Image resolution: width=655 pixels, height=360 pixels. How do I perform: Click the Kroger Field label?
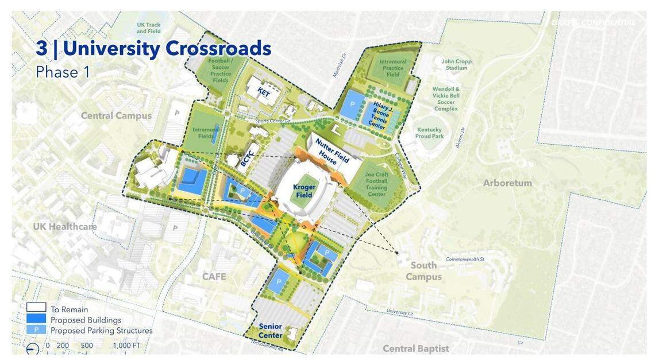pos(304,191)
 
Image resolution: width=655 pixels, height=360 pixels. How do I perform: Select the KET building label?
pos(264,91)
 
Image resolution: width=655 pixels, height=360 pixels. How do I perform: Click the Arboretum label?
pos(507,183)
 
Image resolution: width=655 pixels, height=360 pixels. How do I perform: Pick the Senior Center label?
pos(270,331)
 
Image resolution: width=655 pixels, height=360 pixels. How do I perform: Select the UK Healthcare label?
pos(65,227)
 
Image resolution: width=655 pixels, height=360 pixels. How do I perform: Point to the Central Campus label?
pos(116,115)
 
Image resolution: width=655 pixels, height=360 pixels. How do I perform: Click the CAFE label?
pos(214,277)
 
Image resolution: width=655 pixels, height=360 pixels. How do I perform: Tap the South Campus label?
pos(423,271)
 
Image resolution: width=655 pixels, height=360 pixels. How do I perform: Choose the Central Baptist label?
pos(416,349)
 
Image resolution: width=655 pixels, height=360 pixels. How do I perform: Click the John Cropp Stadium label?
pos(456,64)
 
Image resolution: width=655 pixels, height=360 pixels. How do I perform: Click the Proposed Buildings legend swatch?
pos(36,319)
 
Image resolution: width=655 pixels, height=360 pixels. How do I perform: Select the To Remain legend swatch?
pos(36,309)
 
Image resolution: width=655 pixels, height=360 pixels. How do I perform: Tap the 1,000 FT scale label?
pos(126,346)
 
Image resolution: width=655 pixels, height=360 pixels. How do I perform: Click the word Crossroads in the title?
pos(218,49)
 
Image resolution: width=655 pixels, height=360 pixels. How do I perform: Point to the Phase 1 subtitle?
pos(57,72)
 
